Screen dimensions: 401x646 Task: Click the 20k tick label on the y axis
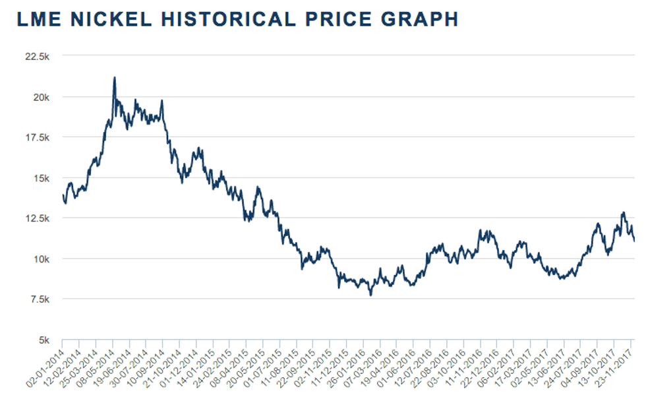tap(42, 98)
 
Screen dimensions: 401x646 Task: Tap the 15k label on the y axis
tap(42, 178)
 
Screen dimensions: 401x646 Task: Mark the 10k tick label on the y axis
tap(42, 259)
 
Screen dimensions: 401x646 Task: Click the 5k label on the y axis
tap(44, 340)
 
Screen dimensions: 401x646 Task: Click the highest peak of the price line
tap(115, 78)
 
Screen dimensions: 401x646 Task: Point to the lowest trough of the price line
tap(370, 295)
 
